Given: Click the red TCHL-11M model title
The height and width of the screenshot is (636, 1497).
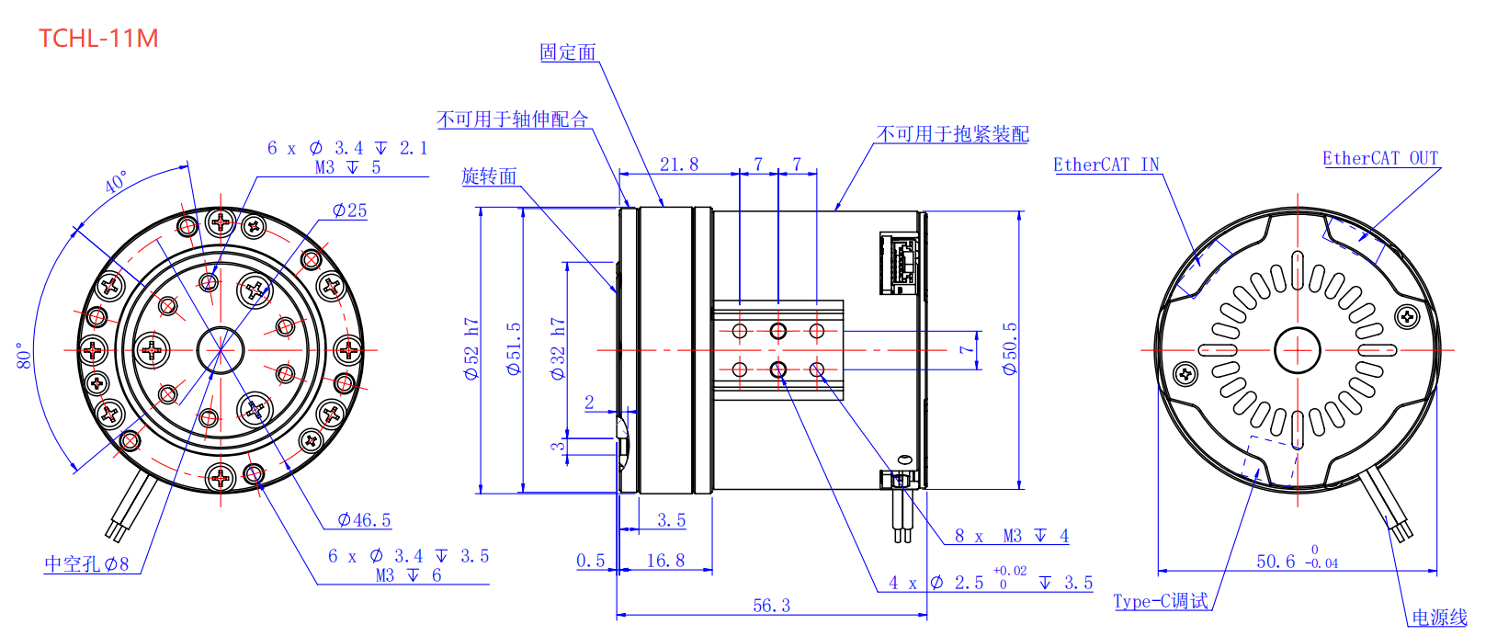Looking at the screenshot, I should coord(98,39).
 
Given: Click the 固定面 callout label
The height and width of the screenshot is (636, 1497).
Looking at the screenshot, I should coord(568,52).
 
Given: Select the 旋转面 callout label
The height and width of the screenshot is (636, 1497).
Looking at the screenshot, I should coord(489,176).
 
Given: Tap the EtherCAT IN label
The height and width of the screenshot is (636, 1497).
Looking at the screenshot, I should coord(1106,165).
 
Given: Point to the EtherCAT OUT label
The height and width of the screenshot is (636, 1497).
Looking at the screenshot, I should coord(1380,158).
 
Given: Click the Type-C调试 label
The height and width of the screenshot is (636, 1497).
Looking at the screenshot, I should coord(1161,601).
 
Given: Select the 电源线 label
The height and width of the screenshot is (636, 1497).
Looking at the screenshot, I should coord(1439,618).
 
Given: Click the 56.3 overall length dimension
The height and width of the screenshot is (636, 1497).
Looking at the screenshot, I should coord(771,606).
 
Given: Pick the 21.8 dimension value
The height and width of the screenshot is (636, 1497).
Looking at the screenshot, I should coord(679,165).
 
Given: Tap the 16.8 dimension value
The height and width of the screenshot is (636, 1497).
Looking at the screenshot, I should coord(665,561).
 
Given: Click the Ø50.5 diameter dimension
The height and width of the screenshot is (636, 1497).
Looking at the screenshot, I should coord(1010,348).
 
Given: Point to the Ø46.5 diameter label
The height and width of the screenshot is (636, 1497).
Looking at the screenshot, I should coord(364,520).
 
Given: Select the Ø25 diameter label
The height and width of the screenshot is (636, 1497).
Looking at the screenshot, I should coord(349,210).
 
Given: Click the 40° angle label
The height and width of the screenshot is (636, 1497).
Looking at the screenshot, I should coord(117,181).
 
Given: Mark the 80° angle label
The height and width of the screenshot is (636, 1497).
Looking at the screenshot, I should coord(25,356).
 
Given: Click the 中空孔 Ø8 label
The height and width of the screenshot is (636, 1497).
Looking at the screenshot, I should coord(86,563).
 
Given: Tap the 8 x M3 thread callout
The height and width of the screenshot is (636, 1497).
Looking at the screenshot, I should coord(1011,536).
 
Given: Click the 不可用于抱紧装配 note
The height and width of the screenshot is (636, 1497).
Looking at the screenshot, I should coord(952,134).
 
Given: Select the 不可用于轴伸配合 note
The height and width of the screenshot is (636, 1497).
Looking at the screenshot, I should coord(512,119).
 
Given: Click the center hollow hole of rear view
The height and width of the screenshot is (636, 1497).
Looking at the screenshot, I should coord(1297,350).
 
